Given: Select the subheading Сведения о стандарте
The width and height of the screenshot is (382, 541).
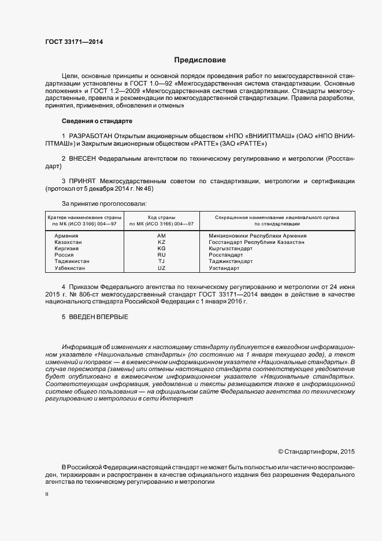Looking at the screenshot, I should pyautogui.click(x=97, y=121).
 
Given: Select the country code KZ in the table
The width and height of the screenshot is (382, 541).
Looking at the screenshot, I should pyautogui.click(x=161, y=242).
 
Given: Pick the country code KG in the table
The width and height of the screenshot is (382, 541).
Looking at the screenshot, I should pyautogui.click(x=161, y=249).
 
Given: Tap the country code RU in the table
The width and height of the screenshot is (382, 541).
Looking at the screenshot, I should pyautogui.click(x=161, y=255).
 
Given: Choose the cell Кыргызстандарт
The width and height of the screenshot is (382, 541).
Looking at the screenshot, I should pyautogui.click(x=231, y=249).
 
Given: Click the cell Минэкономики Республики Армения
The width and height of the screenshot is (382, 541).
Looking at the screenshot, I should pyautogui.click(x=257, y=236).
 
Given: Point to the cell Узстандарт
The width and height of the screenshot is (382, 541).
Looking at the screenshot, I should pyautogui.click(x=224, y=268).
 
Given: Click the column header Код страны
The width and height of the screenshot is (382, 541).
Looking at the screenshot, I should pyautogui.click(x=161, y=217).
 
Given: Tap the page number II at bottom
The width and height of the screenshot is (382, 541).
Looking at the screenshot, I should pyautogui.click(x=47, y=494).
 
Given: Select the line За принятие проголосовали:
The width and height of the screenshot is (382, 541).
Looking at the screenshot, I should pyautogui.click(x=104, y=203).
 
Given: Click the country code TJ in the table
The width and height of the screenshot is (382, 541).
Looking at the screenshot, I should pyautogui.click(x=161, y=261).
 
